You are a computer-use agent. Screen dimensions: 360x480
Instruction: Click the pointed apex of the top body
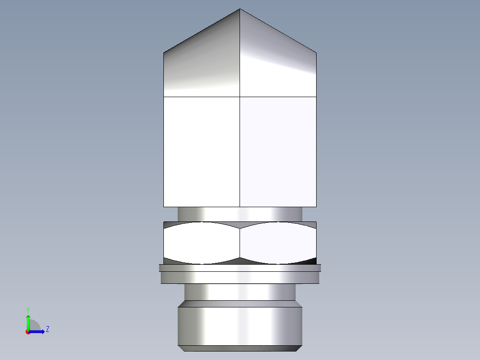[240, 9]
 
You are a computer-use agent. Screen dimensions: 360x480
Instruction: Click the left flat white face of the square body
[202, 151]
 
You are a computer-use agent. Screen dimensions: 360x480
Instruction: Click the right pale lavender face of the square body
[278, 151]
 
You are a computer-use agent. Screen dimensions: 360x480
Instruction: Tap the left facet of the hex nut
[202, 243]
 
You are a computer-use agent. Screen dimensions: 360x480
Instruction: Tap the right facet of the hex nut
[278, 243]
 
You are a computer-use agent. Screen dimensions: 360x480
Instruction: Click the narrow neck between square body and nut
[240, 214]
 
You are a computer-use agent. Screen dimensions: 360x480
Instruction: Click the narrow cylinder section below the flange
[240, 292]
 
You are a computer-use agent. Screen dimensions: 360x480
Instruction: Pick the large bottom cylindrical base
[240, 324]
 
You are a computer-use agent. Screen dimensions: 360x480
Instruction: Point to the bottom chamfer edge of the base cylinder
[240, 348]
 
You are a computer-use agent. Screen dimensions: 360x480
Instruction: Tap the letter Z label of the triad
[47, 329]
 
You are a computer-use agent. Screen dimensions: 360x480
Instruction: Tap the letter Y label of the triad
[28, 309]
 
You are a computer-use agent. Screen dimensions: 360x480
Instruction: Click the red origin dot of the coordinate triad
[28, 332]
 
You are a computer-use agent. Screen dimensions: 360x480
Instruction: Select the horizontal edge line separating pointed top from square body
[240, 97]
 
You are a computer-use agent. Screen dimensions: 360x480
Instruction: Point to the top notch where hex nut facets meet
[240, 228]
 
